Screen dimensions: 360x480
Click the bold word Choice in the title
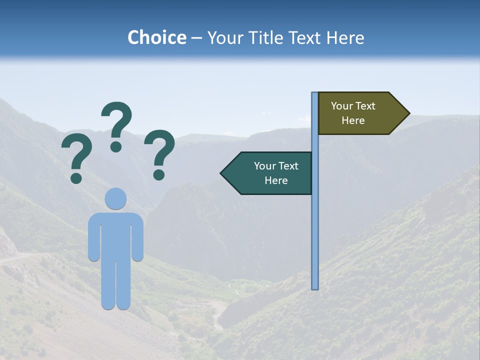click(x=156, y=38)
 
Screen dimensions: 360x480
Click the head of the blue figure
click(x=115, y=198)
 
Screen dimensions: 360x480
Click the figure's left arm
click(x=94, y=237)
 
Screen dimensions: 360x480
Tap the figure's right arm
click(x=137, y=237)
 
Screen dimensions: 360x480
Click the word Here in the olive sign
click(x=353, y=120)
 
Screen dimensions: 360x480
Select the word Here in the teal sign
click(x=276, y=180)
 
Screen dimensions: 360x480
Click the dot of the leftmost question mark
click(x=76, y=177)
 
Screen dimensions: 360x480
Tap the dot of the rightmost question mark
click(x=159, y=174)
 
